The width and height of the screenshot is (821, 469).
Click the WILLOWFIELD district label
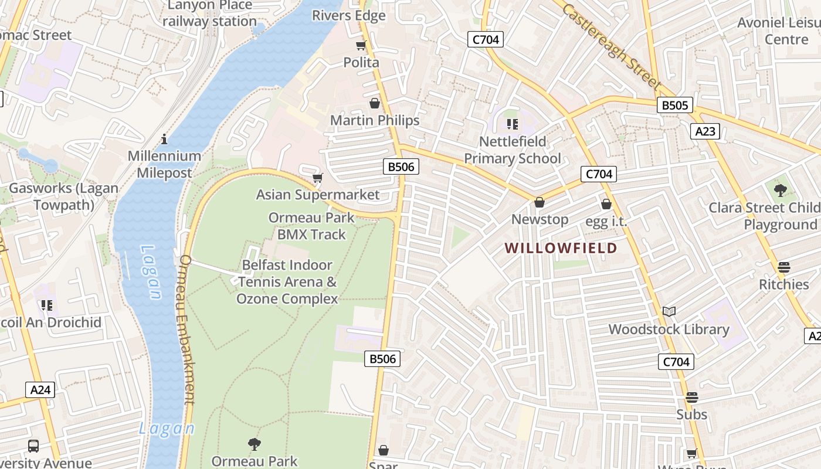(x=561, y=248)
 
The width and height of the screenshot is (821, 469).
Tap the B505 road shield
(x=674, y=106)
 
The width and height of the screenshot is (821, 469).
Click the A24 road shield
(x=40, y=390)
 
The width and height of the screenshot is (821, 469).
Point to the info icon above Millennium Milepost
(x=164, y=139)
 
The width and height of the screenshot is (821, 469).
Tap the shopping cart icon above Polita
(x=361, y=46)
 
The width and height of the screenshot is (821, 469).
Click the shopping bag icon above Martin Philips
(x=374, y=104)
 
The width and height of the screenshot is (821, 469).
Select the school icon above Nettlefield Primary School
(x=512, y=124)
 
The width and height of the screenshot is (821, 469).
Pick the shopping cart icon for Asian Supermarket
(x=317, y=178)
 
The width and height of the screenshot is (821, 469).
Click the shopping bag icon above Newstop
(x=539, y=202)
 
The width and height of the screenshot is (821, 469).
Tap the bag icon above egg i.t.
(x=606, y=204)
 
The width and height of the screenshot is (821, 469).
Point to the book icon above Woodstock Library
(x=669, y=311)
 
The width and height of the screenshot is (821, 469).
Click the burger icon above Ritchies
(x=783, y=267)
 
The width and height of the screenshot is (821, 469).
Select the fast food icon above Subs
(x=691, y=397)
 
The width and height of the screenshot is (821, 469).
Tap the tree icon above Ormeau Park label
(x=254, y=444)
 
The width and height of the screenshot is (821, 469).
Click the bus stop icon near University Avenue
(x=33, y=446)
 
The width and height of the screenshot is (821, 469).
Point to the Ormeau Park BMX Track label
(x=311, y=226)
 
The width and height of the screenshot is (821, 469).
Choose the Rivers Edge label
(x=348, y=16)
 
